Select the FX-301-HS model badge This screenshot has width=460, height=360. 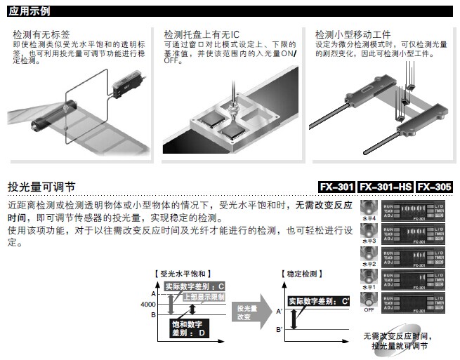click(x=385, y=187)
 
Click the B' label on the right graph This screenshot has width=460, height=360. click(x=279, y=329)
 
